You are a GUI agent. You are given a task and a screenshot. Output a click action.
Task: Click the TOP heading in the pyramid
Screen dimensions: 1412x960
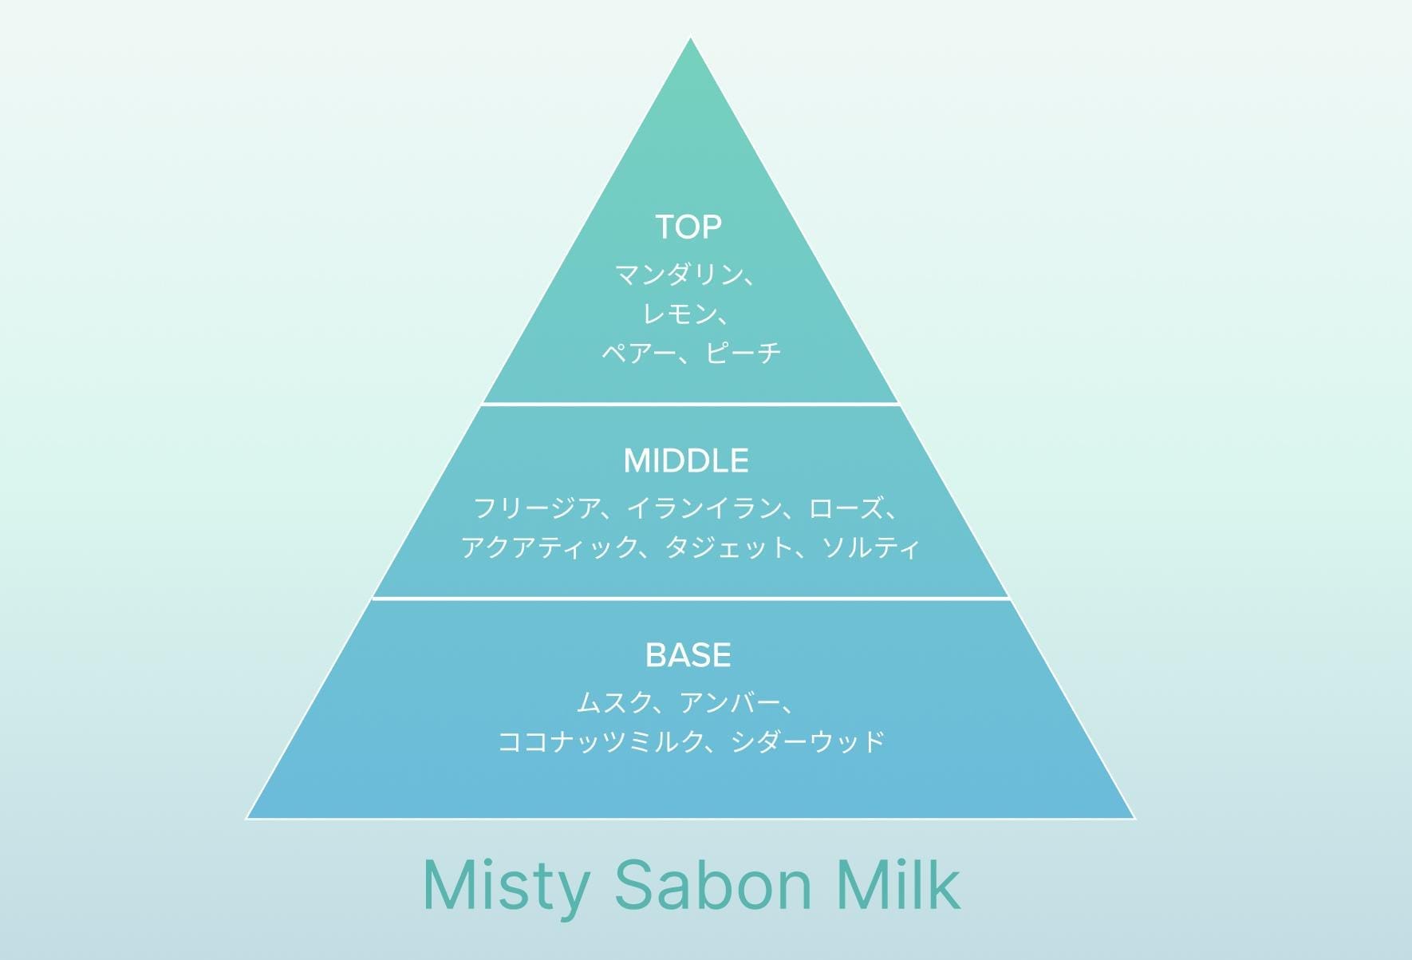coord(688,227)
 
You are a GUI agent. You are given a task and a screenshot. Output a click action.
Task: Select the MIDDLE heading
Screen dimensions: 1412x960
coord(686,461)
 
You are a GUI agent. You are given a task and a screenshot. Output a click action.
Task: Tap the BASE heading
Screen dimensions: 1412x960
coord(688,655)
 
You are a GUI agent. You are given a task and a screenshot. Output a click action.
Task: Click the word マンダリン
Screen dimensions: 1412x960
coord(672,275)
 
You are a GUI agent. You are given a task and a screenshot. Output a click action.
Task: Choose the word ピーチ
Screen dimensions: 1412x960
coord(743,352)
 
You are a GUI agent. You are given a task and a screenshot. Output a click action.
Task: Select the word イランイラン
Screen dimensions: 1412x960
coord(703,508)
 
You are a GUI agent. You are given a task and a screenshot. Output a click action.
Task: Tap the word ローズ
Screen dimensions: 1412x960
coord(846,508)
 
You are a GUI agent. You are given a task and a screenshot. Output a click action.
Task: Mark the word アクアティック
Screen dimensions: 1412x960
coord(547,547)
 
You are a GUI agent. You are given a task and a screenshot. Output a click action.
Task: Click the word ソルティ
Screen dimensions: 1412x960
coord(870,547)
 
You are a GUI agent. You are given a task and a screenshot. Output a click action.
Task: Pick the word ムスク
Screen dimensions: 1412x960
coord(613,702)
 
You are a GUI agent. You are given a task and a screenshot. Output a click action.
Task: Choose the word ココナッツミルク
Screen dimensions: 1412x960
coord(599,741)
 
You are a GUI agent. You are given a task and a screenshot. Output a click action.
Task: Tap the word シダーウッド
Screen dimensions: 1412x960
coord(808,741)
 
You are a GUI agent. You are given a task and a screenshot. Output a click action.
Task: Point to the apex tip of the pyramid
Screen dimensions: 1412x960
coord(690,38)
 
